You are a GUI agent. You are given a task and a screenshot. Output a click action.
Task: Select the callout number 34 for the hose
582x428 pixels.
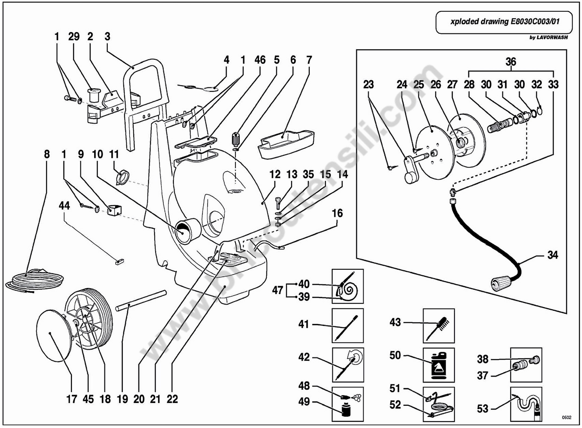point(552,255)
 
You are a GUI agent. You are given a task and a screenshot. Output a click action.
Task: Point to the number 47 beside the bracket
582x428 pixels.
point(277,290)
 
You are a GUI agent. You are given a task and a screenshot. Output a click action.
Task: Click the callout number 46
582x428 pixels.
point(260,60)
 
